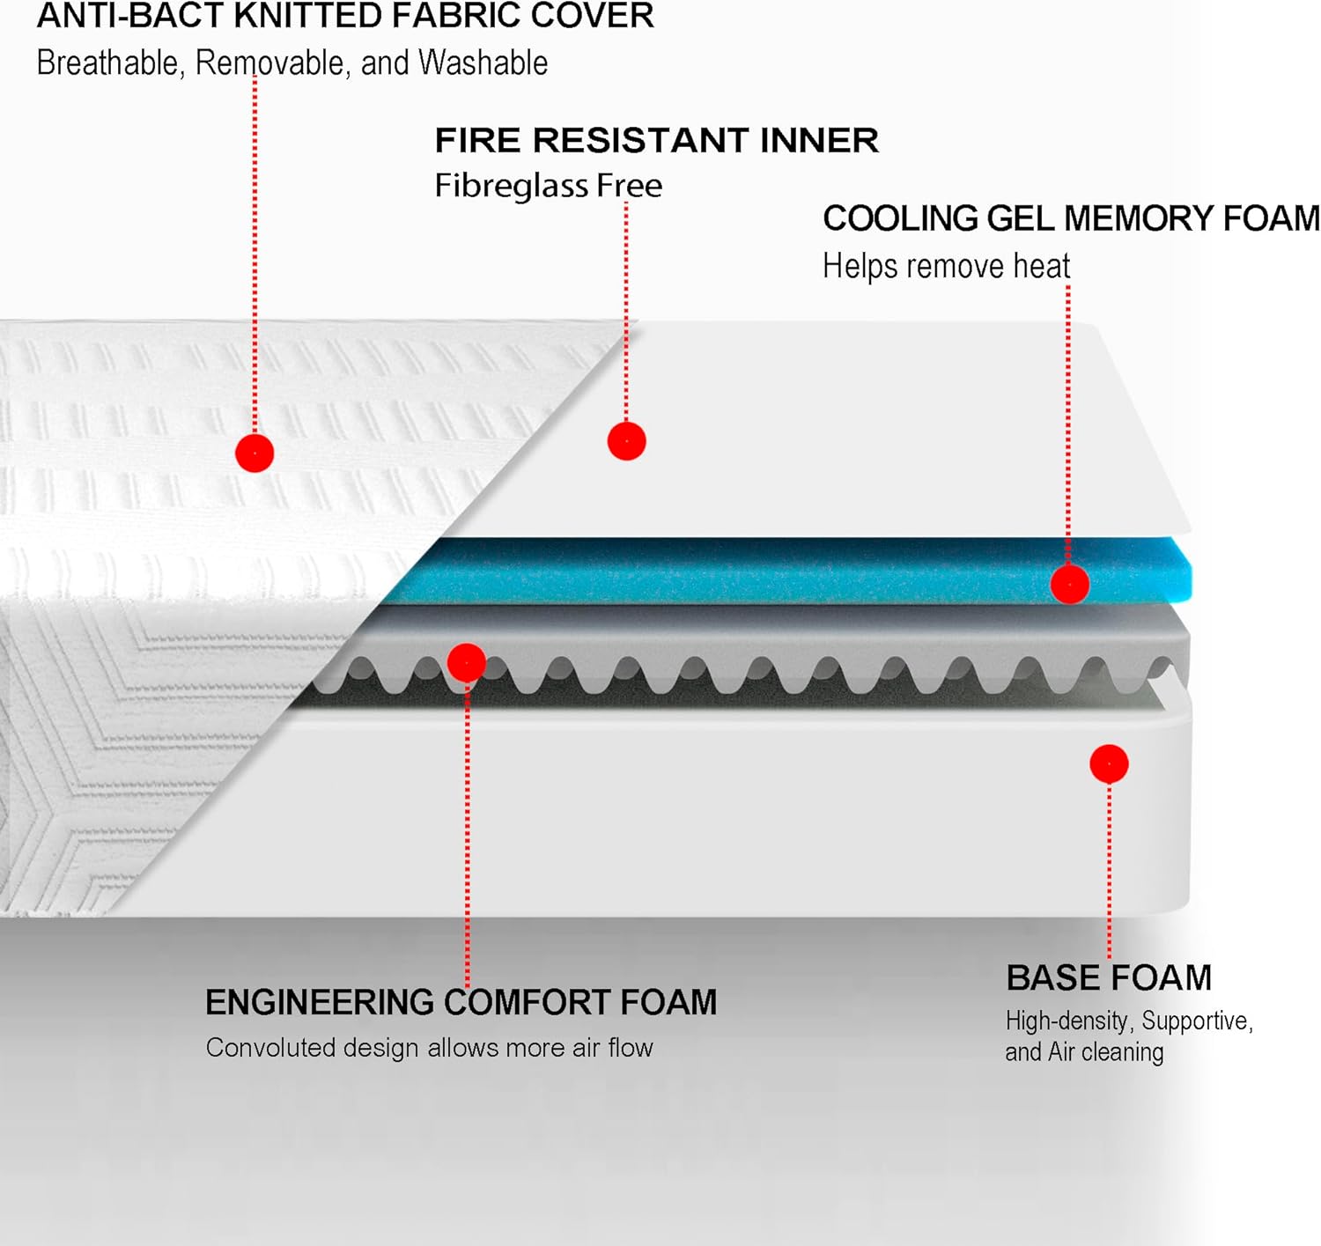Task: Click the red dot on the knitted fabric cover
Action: click(x=255, y=453)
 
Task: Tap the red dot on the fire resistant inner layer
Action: click(x=626, y=441)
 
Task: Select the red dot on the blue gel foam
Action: click(x=1069, y=584)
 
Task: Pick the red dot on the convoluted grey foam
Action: click(x=466, y=662)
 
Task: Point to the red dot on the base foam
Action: click(x=1109, y=763)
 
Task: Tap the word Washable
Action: click(x=483, y=63)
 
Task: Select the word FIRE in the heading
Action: click(x=478, y=141)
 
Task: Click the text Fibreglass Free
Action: click(x=548, y=186)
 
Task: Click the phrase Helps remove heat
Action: click(x=946, y=266)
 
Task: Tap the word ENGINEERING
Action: click(x=320, y=1002)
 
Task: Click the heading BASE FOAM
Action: click(x=1108, y=977)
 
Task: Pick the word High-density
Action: click(x=1066, y=1021)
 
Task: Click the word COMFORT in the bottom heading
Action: click(x=527, y=1002)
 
